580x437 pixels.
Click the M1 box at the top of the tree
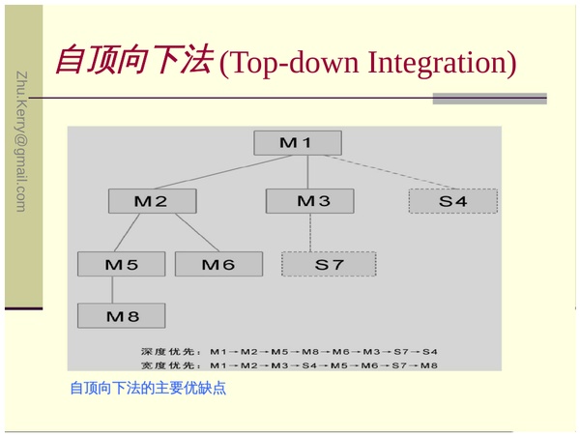click(297, 142)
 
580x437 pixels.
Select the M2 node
click(152, 201)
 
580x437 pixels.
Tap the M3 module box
click(309, 201)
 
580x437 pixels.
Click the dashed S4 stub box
click(452, 201)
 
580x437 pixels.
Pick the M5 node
click(122, 264)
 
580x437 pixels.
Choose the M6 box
click(218, 264)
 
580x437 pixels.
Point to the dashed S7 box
click(328, 264)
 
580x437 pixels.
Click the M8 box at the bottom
click(122, 316)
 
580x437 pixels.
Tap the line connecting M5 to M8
click(113, 290)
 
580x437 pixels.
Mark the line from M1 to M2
click(222, 172)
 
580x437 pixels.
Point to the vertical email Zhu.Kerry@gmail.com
click(20, 141)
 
